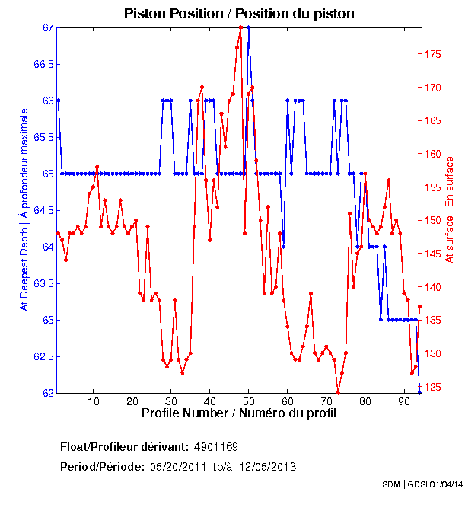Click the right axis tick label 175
coord(432,55)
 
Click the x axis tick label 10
coord(94,402)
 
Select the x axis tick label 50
coord(248,402)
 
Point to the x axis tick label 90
coord(403,402)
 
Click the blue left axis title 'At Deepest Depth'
coord(24,209)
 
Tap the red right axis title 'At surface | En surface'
coord(450,209)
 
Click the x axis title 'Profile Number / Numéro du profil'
coord(238,413)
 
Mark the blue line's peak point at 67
coord(248,27)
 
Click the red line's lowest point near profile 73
coord(338,392)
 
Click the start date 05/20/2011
coord(178,467)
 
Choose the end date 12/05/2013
coord(268,467)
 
